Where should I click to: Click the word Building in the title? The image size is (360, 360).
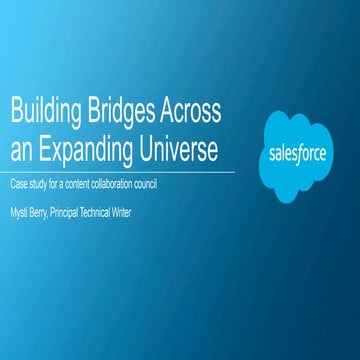coord(43,111)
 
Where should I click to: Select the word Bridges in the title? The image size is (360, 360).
coord(122,111)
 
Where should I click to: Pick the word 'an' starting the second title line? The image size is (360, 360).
coord(20,148)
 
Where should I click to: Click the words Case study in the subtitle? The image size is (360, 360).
coord(30,184)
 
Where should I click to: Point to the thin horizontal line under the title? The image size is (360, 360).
coord(120,171)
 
